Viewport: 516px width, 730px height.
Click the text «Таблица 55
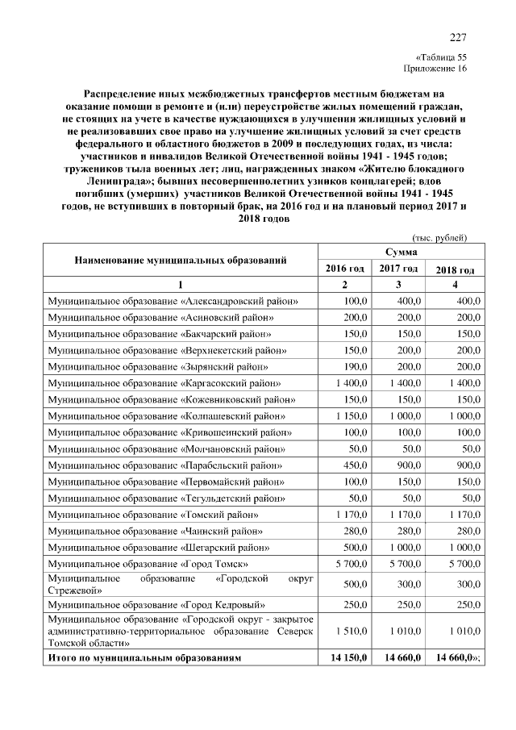(x=441, y=57)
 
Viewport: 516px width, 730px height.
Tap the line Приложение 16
(x=436, y=69)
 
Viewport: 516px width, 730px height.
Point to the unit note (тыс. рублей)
(x=439, y=237)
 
